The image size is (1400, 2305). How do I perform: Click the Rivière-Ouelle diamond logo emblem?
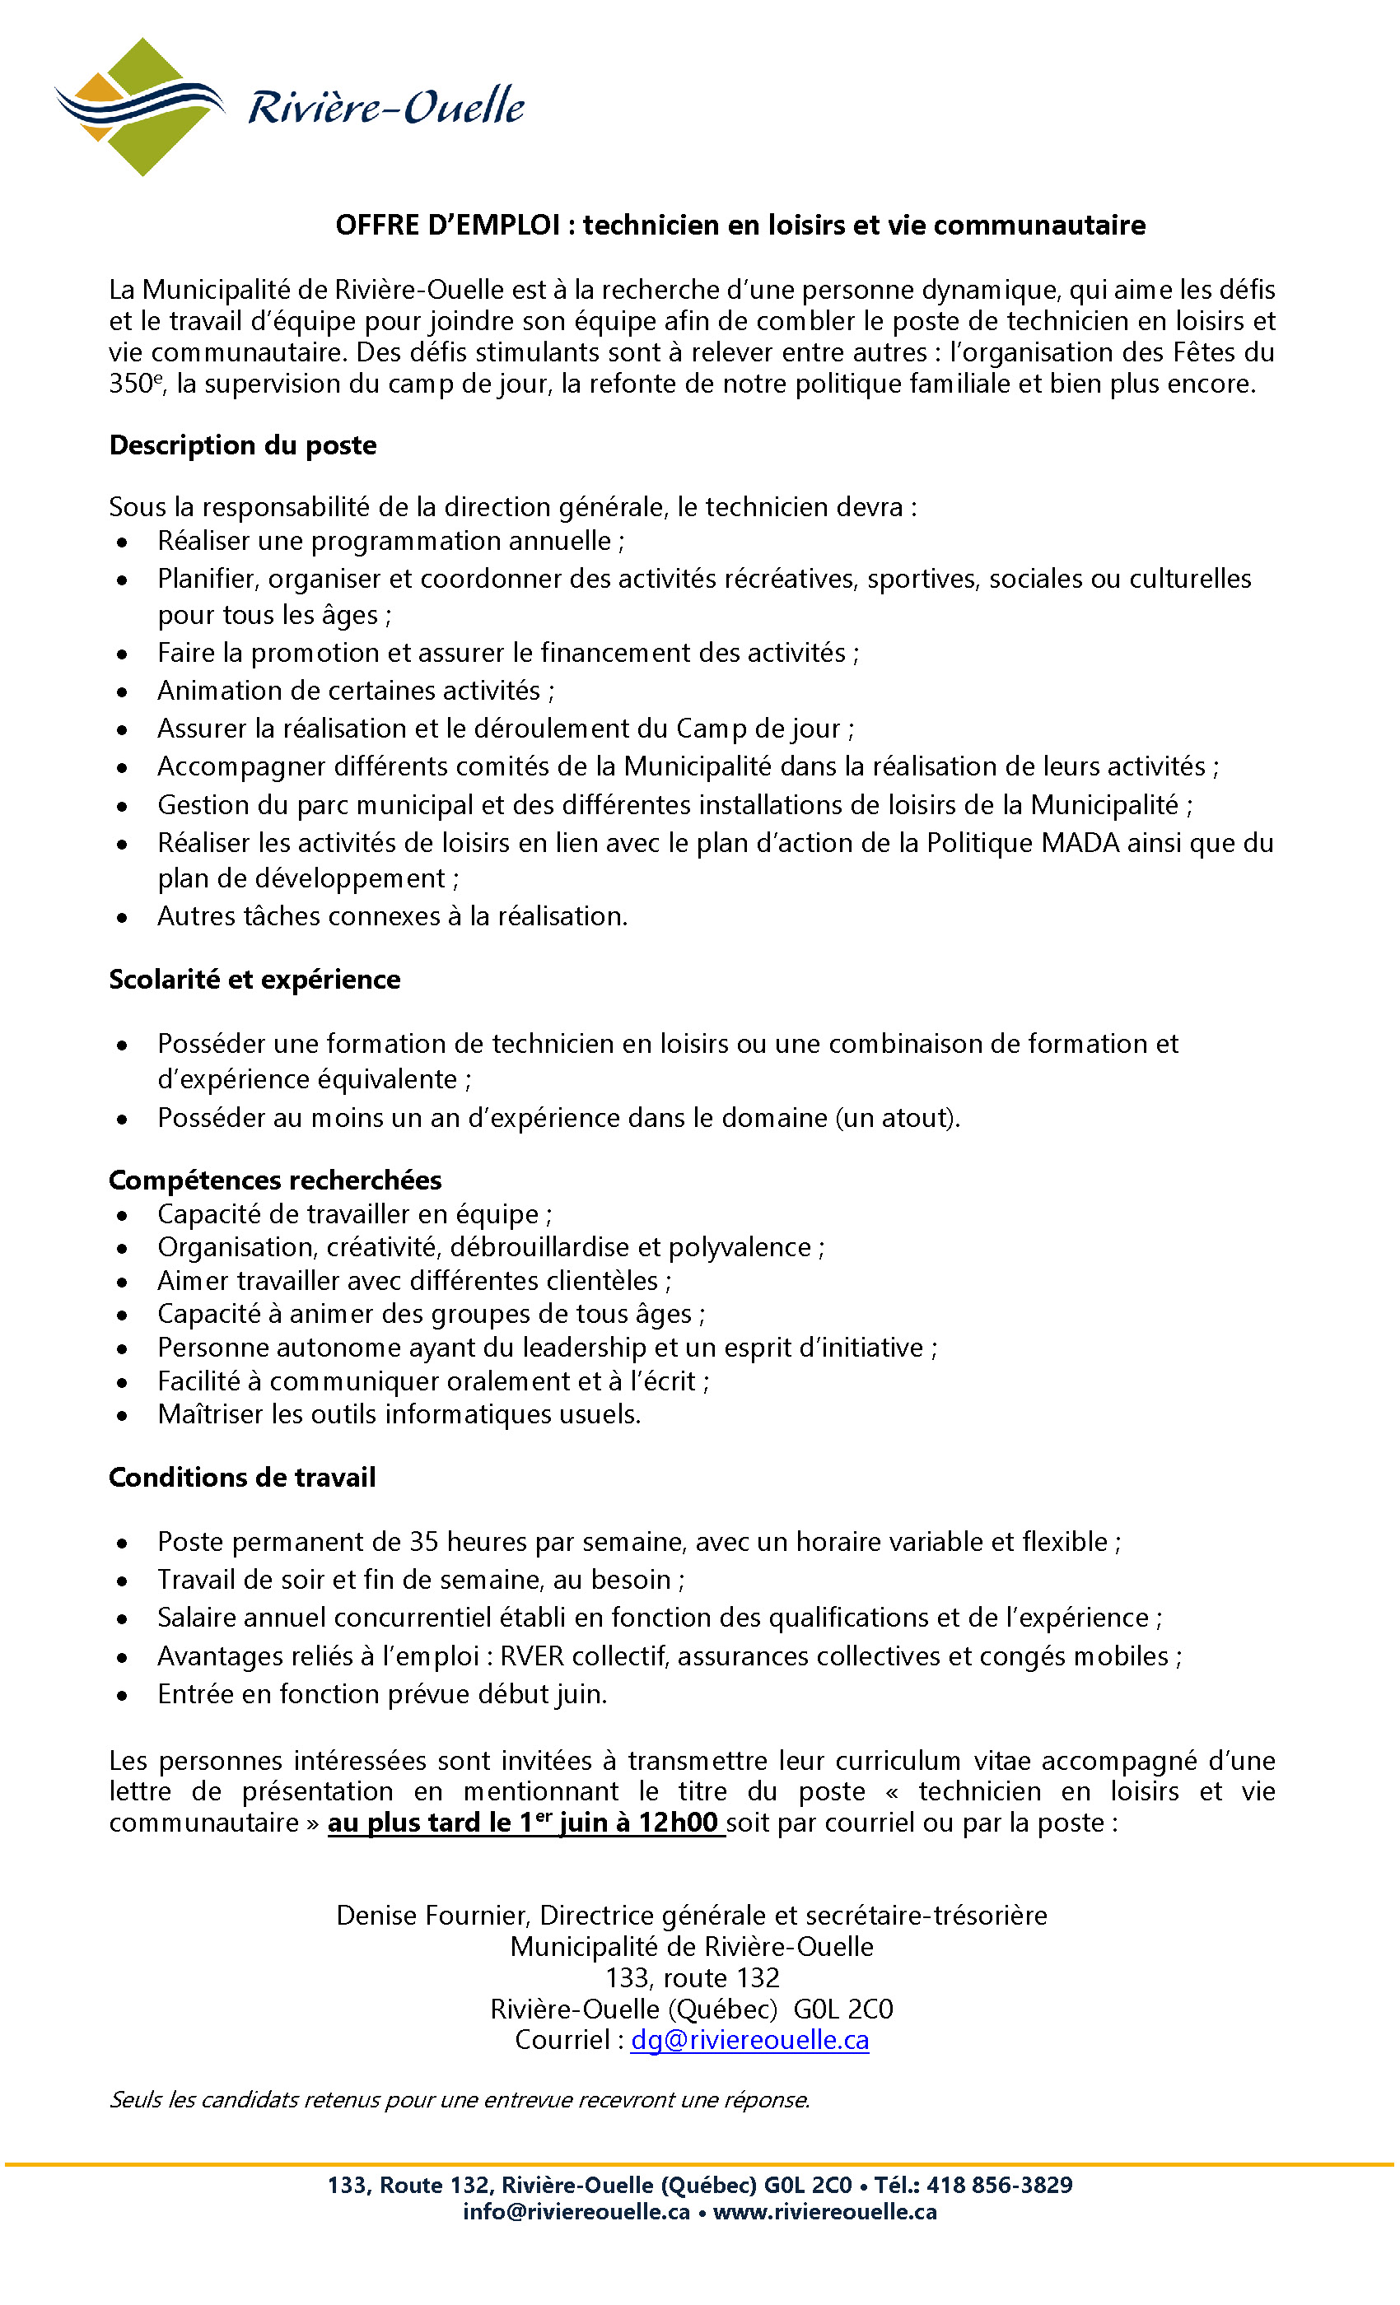pyautogui.click(x=140, y=107)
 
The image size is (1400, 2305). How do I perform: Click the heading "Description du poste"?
pyautogui.click(x=242, y=445)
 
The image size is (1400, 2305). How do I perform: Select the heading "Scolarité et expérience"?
pyautogui.click(x=254, y=980)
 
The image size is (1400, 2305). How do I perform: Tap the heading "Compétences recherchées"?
pyautogui.click(x=275, y=1180)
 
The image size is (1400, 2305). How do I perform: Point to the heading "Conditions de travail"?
pyautogui.click(x=242, y=1477)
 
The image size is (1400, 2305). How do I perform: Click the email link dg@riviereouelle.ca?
pyautogui.click(x=749, y=2039)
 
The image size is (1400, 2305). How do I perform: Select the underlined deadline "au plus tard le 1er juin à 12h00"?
pyautogui.click(x=525, y=1823)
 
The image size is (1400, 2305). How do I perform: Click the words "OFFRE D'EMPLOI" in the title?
pyautogui.click(x=447, y=226)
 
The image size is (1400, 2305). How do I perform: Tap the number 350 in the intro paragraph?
pyautogui.click(x=130, y=384)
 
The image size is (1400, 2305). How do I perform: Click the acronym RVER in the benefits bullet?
pyautogui.click(x=531, y=1655)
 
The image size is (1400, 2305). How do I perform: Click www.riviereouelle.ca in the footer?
pyautogui.click(x=824, y=2211)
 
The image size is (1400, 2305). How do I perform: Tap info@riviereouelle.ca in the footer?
pyautogui.click(x=576, y=2211)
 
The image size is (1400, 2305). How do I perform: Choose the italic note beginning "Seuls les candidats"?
pyautogui.click(x=460, y=2099)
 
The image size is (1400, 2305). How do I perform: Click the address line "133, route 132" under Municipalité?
pyautogui.click(x=692, y=1977)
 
